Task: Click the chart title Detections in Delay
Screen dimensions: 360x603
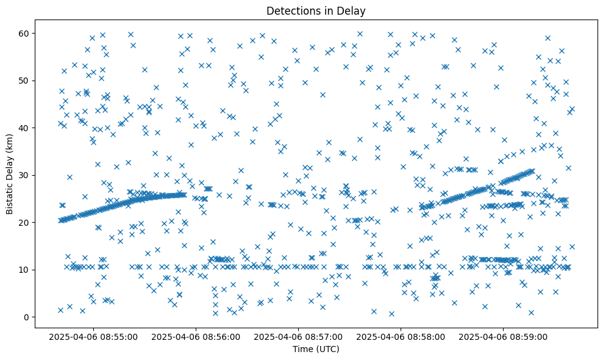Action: pos(316,11)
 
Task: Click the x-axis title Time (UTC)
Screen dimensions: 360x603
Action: pos(316,350)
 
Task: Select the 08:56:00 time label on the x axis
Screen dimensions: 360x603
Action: pos(197,336)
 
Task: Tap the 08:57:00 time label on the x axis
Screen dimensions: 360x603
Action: pos(299,336)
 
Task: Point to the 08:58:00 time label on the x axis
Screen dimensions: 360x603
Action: pos(401,336)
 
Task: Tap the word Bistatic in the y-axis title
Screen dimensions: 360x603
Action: pos(10,196)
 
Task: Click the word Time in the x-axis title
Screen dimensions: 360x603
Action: pos(302,350)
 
